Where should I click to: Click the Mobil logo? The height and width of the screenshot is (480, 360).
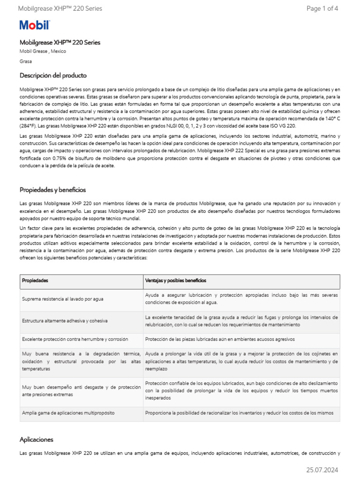point(34,25)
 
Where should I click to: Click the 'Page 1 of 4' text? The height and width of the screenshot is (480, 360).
point(322,8)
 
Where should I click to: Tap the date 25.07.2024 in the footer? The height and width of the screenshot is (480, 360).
point(322,470)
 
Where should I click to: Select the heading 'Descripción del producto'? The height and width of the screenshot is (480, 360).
point(53,75)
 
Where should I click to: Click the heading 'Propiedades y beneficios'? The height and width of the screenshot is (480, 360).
point(52,190)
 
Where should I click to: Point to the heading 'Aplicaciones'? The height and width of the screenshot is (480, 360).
point(37,439)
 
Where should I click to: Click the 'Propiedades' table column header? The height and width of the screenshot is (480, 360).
point(35,280)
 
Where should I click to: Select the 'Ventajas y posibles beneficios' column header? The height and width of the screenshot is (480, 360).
point(175,280)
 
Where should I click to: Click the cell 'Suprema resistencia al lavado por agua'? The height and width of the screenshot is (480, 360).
point(63,299)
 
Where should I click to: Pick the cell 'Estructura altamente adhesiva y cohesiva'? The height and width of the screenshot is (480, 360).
point(65,321)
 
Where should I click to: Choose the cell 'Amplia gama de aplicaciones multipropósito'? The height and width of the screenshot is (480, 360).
point(68,413)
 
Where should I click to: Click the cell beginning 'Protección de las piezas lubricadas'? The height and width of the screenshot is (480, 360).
point(220,339)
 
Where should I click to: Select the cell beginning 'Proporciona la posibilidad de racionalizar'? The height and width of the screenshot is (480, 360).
point(239,413)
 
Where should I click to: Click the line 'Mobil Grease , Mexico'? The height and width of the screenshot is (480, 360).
point(43,51)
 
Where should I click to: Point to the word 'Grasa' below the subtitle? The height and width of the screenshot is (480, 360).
point(26,61)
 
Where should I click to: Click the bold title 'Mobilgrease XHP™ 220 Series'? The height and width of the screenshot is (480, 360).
point(60,42)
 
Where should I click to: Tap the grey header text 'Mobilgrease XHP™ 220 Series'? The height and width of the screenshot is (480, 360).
point(60,8)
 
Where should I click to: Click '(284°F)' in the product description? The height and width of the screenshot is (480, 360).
point(28,126)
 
